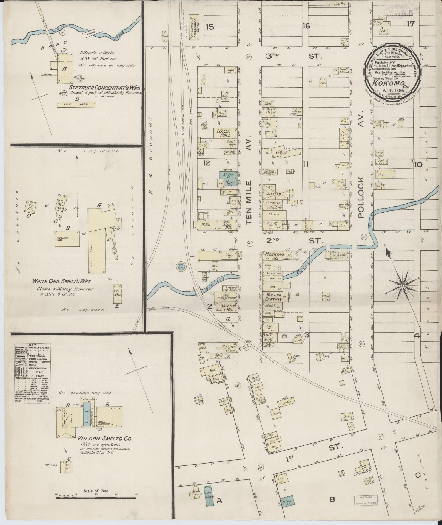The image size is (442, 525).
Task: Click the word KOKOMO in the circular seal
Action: (x=392, y=83)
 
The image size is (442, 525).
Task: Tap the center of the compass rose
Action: (x=402, y=286)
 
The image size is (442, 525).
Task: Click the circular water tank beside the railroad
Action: (x=180, y=266)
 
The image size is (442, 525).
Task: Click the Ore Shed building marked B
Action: (x=77, y=104)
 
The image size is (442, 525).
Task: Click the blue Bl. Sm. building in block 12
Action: (x=226, y=175)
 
